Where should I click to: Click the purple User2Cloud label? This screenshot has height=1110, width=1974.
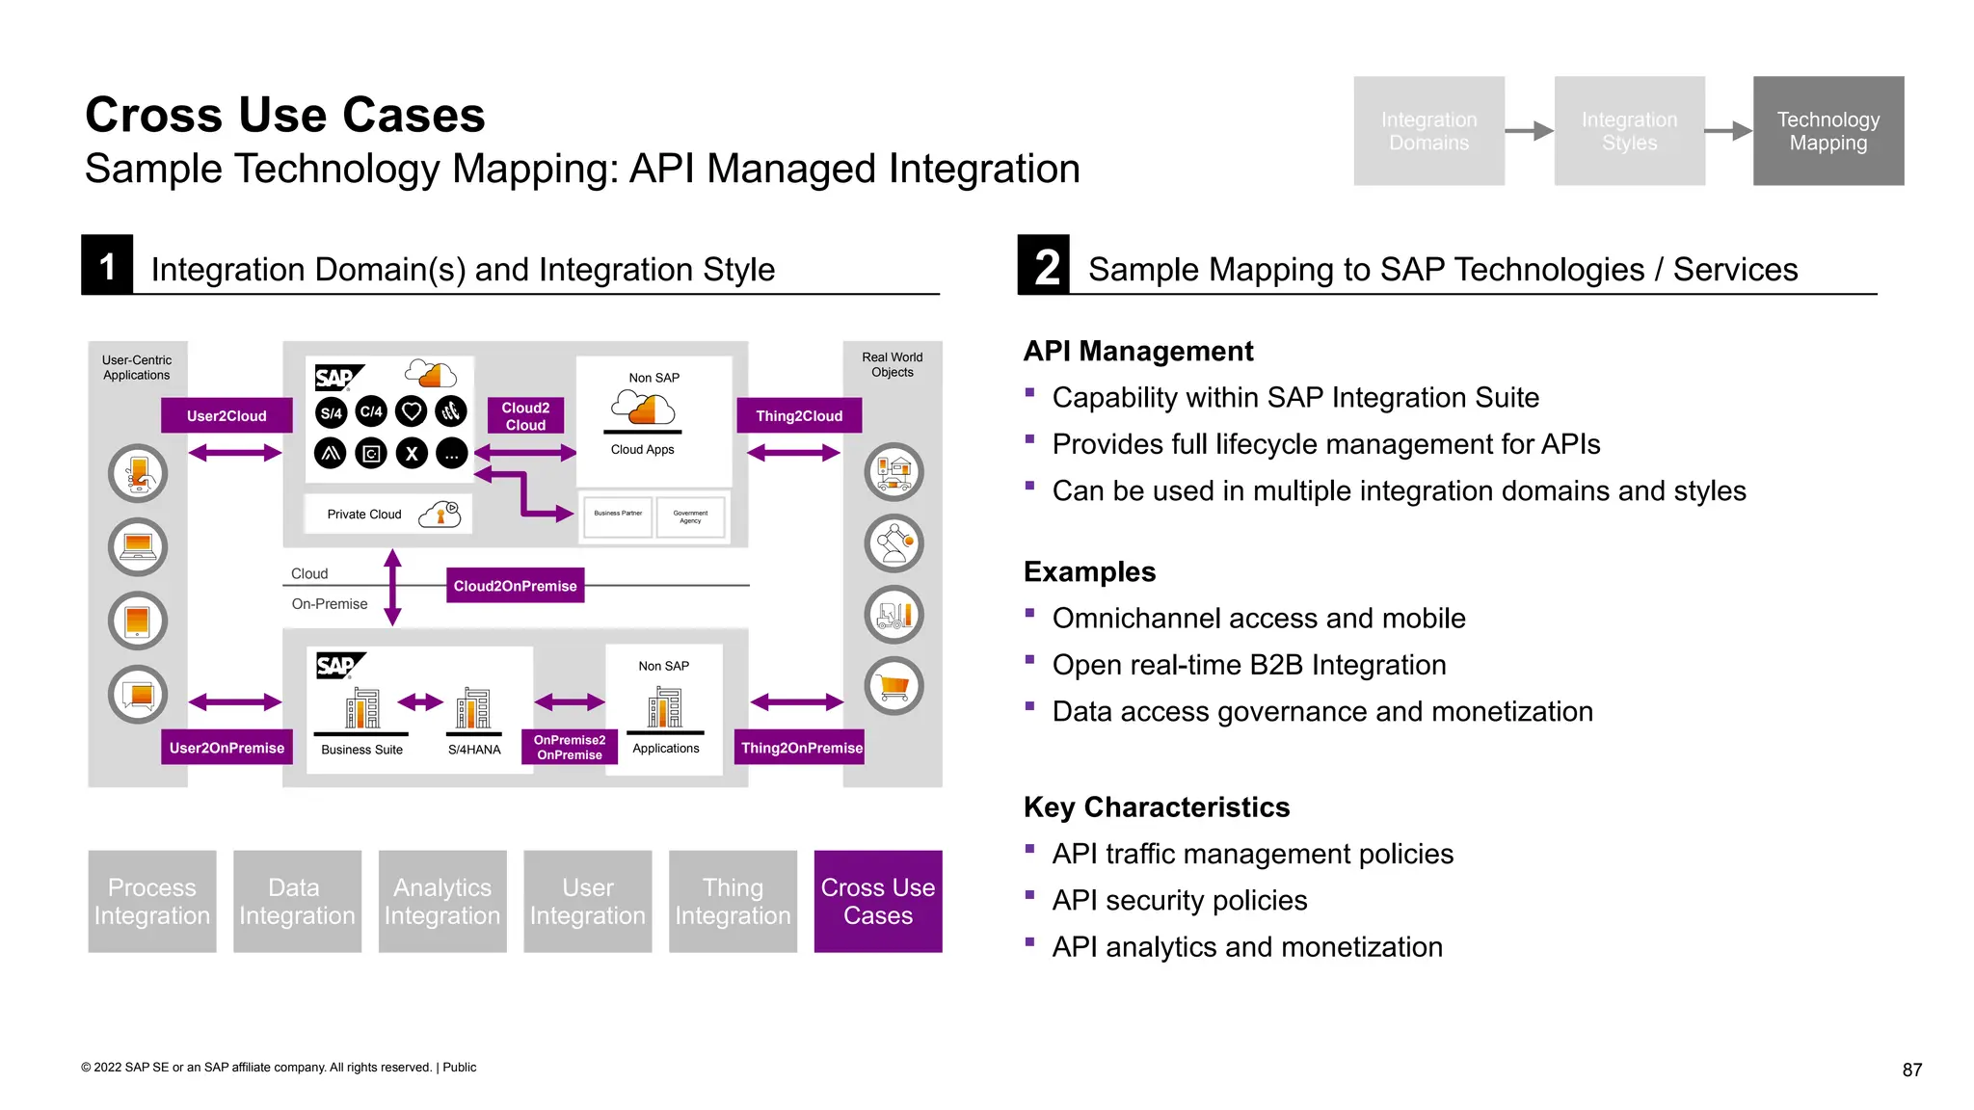[227, 415]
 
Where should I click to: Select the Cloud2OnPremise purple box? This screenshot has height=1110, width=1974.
[515, 585]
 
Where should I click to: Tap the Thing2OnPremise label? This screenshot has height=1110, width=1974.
[800, 748]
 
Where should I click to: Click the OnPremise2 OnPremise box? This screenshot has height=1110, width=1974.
[569, 748]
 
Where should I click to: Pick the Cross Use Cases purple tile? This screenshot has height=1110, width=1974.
[877, 901]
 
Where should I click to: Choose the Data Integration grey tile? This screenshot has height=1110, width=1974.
[297, 901]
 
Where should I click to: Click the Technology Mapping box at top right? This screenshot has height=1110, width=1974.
[1827, 131]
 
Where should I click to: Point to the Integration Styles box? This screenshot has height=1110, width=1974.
[1629, 131]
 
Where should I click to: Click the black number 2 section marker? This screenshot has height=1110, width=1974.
[1045, 265]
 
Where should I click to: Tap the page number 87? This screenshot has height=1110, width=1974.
[1911, 1070]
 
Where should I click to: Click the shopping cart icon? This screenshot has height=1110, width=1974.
[894, 686]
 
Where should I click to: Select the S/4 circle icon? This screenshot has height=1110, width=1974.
[331, 412]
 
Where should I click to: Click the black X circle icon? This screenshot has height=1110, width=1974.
[412, 453]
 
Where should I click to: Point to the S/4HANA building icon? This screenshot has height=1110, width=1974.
[473, 709]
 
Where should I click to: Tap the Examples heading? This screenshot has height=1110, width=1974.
[1089, 571]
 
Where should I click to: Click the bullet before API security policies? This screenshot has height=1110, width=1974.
[1029, 895]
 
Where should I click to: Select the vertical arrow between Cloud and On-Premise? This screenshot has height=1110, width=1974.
[392, 587]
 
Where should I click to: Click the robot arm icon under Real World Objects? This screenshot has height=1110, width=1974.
[894, 542]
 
